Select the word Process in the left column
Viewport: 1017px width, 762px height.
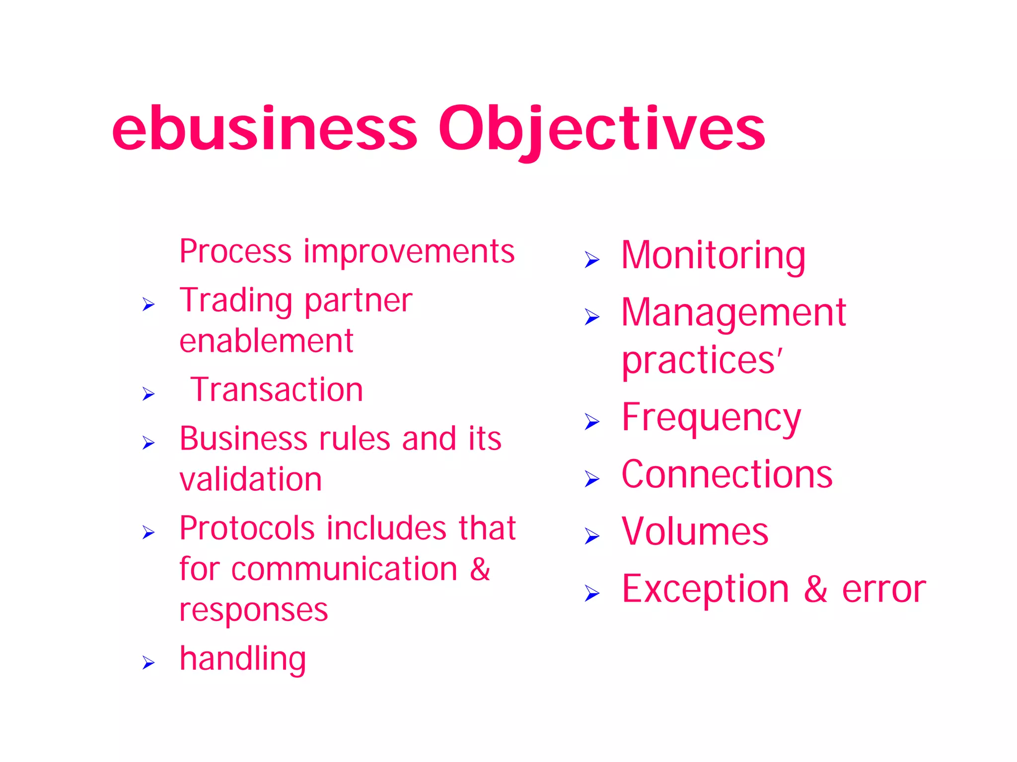(x=235, y=251)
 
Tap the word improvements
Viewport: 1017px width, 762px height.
(x=409, y=251)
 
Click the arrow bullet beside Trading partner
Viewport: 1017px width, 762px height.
(x=148, y=304)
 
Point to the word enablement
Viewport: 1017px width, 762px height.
(x=266, y=341)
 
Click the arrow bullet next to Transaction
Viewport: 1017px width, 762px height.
(x=148, y=394)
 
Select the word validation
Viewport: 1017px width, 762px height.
(x=251, y=479)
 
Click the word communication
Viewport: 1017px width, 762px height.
(x=344, y=569)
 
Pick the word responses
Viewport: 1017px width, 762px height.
(x=253, y=610)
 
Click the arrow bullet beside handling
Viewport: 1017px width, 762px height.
(x=148, y=663)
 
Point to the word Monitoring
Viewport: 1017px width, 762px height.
(x=713, y=255)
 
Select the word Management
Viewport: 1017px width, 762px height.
(x=733, y=312)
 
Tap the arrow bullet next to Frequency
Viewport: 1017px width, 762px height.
(x=592, y=422)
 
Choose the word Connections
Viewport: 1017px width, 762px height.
(x=727, y=474)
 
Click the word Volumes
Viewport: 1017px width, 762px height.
(x=695, y=532)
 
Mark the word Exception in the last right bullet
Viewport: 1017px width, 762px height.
(x=705, y=589)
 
